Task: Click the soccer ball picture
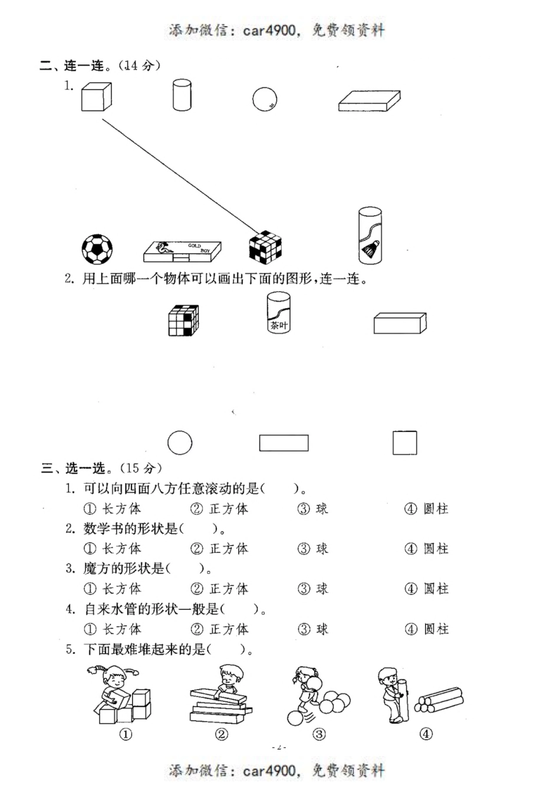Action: [x=97, y=249]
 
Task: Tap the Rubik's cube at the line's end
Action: [x=265, y=246]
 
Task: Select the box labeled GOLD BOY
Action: [x=183, y=252]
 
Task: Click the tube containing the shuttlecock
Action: [x=370, y=236]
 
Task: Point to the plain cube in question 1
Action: [x=96, y=97]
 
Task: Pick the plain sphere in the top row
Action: [x=265, y=99]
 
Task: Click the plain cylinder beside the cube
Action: [x=182, y=95]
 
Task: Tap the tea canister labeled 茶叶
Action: [x=278, y=312]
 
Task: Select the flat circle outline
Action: [x=180, y=443]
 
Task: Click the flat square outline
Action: [x=405, y=443]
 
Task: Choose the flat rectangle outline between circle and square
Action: [x=284, y=443]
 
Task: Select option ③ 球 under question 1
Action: [x=313, y=509]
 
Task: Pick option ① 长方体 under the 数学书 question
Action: [x=113, y=549]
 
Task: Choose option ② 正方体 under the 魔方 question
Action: [x=220, y=589]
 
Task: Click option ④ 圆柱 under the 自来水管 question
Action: [x=427, y=629]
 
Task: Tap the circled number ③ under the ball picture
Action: [x=319, y=734]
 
